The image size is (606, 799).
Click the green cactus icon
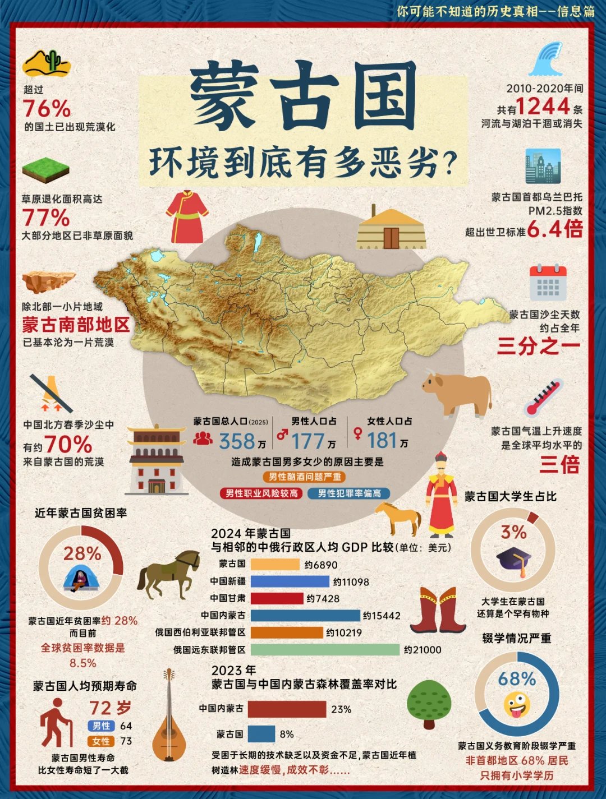point(53,61)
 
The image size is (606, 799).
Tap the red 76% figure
point(47,108)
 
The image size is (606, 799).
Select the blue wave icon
point(547,59)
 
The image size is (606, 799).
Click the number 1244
point(543,106)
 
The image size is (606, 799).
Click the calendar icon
point(548,283)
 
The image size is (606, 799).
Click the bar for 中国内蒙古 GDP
point(305,616)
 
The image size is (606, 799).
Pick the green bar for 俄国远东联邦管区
point(325,650)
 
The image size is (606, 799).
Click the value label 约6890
point(321,565)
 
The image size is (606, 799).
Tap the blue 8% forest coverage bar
point(261,734)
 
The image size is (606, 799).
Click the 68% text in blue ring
point(517,679)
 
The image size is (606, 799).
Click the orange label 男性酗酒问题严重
point(304,477)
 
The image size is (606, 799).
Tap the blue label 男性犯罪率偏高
point(349,493)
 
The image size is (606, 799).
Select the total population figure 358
point(237,442)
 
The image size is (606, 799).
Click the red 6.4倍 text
point(554,229)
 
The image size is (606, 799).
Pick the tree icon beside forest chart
point(429,704)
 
